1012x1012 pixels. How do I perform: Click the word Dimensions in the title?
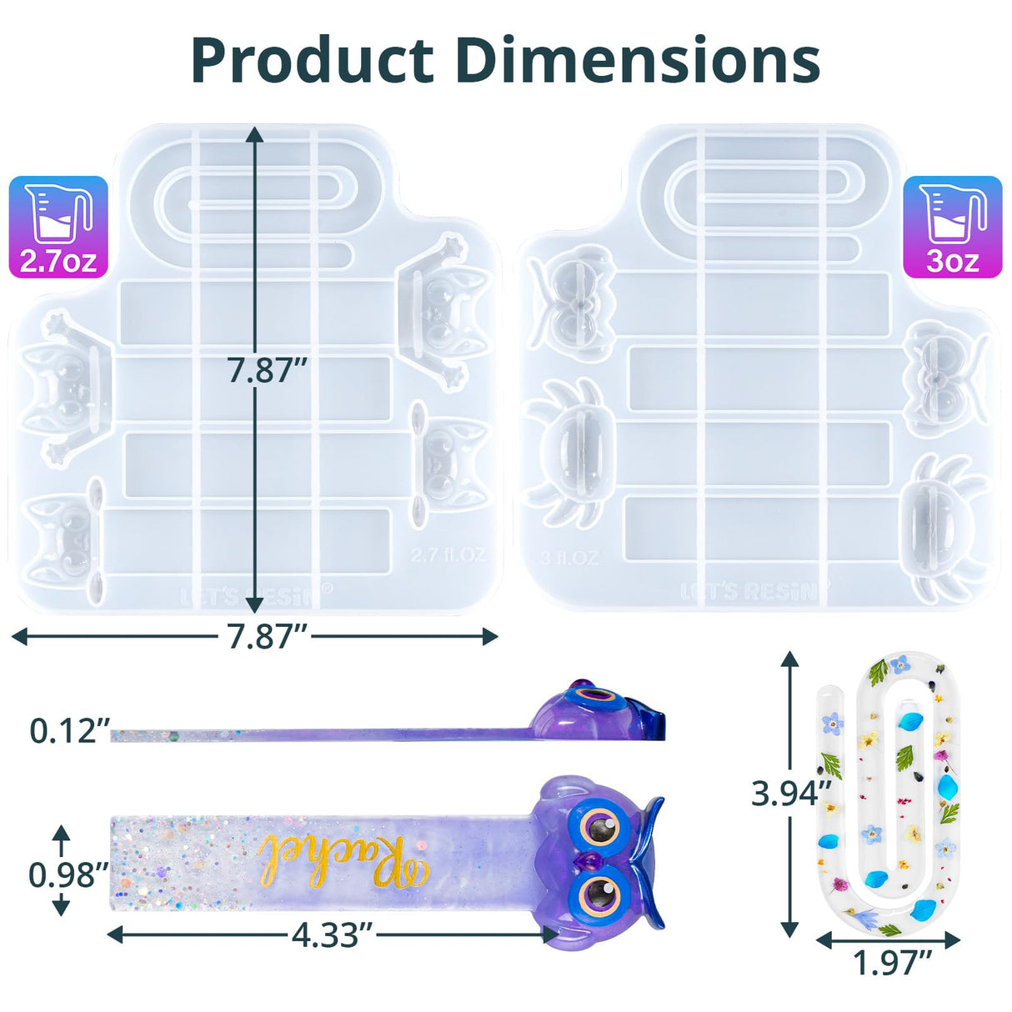coord(639,60)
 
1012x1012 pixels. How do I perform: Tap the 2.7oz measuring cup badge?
coord(58,227)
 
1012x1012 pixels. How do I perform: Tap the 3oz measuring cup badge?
coord(953,227)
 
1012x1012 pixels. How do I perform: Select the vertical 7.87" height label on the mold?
coord(263,370)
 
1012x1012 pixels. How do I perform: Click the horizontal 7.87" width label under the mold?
coord(263,638)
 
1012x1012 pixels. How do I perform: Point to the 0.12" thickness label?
coord(68,731)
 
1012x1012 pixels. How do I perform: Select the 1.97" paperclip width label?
coord(890,963)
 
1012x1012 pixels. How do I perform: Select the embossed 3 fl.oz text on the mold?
coord(569,558)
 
